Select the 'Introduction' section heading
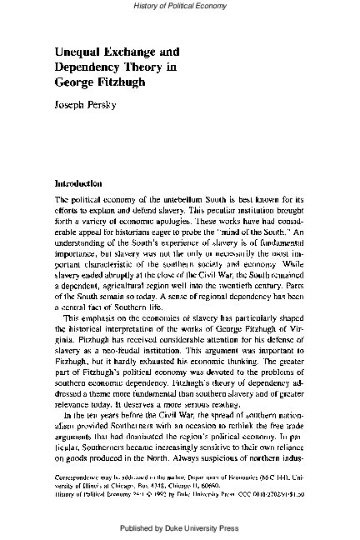pyautogui.click(x=77, y=182)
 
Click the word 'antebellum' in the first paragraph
pyautogui.click(x=186, y=201)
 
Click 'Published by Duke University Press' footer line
pyautogui.click(x=179, y=527)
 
